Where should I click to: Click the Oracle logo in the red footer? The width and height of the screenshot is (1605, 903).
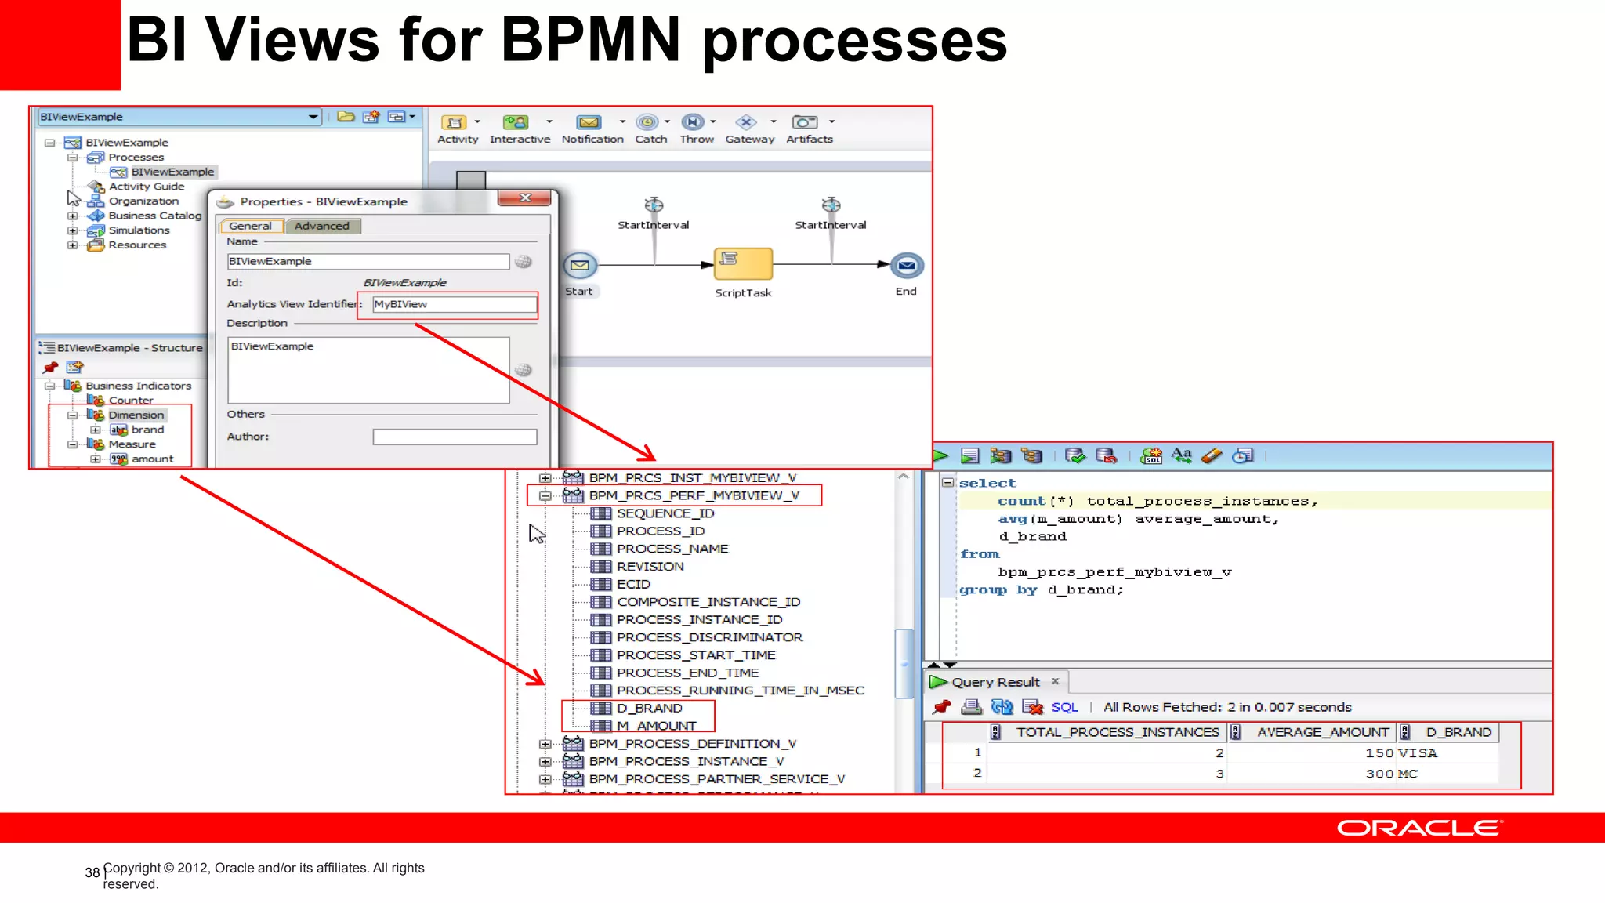pyautogui.click(x=1419, y=828)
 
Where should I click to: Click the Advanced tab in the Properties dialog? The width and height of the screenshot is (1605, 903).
pyautogui.click(x=321, y=226)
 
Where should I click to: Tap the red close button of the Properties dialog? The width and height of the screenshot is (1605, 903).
pyautogui.click(x=526, y=198)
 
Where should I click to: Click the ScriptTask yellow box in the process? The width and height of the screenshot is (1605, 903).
pyautogui.click(x=742, y=263)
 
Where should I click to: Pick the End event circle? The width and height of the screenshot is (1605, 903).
pyautogui.click(x=907, y=266)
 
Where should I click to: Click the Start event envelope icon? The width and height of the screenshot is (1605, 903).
pyautogui.click(x=580, y=266)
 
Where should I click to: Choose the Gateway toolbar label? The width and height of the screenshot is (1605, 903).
pyautogui.click(x=749, y=140)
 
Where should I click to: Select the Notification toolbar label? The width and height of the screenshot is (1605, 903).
pyautogui.click(x=592, y=140)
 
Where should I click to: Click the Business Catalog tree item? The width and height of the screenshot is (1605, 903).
pyautogui.click(x=154, y=216)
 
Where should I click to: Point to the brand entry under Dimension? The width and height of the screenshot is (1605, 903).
pyautogui.click(x=147, y=430)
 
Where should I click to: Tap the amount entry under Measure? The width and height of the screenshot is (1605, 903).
pyautogui.click(x=152, y=459)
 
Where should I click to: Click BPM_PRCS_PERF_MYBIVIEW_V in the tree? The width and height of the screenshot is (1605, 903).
pyautogui.click(x=694, y=495)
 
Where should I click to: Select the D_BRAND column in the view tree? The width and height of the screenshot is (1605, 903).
pyautogui.click(x=649, y=709)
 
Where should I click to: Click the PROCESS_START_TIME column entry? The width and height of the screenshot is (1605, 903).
pyautogui.click(x=696, y=655)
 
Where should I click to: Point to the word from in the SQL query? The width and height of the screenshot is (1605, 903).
pyautogui.click(x=980, y=554)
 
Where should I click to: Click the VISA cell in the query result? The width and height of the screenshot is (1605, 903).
pyautogui.click(x=1418, y=753)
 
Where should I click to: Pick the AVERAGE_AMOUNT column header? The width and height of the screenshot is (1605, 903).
pyautogui.click(x=1323, y=732)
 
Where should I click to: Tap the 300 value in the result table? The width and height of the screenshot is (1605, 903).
pyautogui.click(x=1379, y=774)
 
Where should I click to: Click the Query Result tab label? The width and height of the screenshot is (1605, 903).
pyautogui.click(x=995, y=682)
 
